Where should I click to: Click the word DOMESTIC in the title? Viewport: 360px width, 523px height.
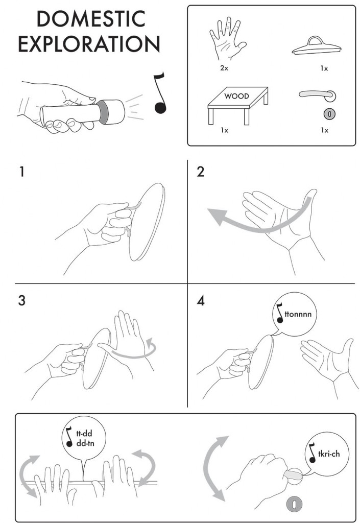[x=91, y=19]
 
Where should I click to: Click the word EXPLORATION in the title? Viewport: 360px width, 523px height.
[x=89, y=44]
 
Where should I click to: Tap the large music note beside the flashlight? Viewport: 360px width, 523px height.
[x=160, y=93]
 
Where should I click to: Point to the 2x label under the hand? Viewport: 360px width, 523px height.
[x=224, y=68]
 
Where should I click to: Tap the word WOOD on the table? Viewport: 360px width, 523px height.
[x=236, y=96]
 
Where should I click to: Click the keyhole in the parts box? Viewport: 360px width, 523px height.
[x=330, y=114]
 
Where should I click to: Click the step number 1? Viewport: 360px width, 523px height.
[x=22, y=172]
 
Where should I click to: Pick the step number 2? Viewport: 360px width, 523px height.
[x=200, y=172]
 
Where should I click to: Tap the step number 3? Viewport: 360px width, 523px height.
[x=21, y=300]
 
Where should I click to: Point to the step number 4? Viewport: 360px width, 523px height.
[x=201, y=300]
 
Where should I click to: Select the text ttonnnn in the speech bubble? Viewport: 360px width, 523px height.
[x=298, y=314]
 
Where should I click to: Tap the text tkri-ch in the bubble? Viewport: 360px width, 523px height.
[x=329, y=454]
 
